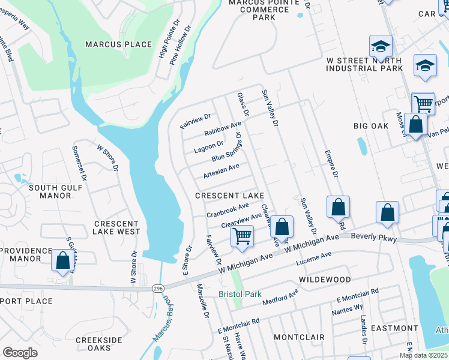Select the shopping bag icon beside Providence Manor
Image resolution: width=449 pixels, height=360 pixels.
click(62, 260)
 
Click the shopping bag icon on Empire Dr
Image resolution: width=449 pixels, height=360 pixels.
click(339, 207)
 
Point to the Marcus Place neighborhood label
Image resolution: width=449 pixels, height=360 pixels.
click(118, 44)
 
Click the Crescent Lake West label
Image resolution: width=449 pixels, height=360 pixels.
click(117, 227)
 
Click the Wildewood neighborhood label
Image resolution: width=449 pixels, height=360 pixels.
click(327, 280)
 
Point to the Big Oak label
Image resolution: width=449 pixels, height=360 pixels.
click(372, 125)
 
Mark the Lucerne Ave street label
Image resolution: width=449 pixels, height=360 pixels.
click(313, 259)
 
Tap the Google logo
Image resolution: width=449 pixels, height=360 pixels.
click(20, 353)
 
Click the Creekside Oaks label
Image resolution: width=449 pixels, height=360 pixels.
click(99, 344)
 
